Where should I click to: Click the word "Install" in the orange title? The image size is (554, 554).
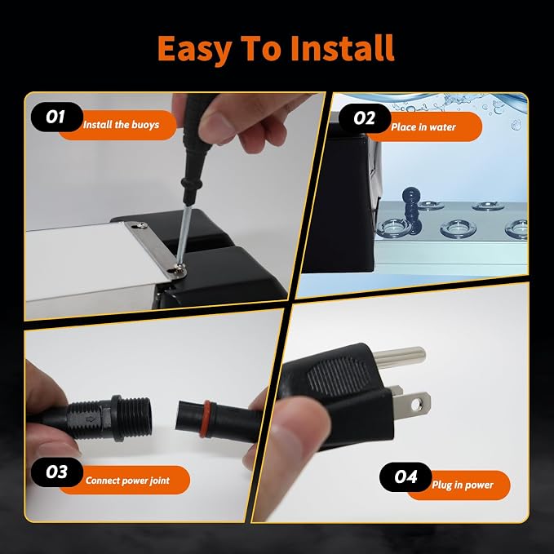[x=342, y=48]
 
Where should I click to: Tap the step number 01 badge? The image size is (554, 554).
[x=56, y=117]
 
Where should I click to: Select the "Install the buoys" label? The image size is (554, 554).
[x=122, y=125]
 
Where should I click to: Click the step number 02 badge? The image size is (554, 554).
[x=365, y=118]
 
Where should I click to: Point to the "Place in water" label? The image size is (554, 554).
[x=423, y=127]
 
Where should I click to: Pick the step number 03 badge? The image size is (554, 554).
[x=57, y=472]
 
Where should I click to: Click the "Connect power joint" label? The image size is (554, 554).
[x=127, y=481]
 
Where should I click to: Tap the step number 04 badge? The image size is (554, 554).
[x=406, y=477]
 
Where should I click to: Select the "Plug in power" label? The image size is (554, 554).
[x=463, y=485]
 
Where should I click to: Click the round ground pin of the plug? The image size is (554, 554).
[x=399, y=357]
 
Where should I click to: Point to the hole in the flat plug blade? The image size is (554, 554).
[x=417, y=404]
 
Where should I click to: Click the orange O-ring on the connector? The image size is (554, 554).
[x=205, y=419]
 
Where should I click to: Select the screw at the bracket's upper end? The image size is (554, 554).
[x=142, y=224]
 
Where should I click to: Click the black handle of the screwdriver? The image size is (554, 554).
[x=193, y=148]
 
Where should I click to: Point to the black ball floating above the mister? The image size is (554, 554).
[x=410, y=196]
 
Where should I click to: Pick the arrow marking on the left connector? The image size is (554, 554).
[x=91, y=419]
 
